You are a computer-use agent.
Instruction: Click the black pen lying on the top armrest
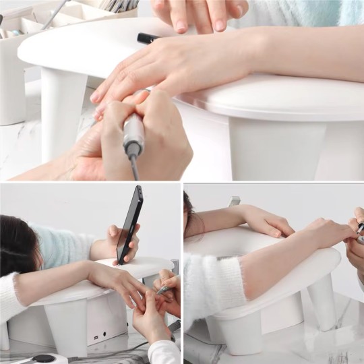[149, 39]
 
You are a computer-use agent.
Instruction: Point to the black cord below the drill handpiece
[135, 164]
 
